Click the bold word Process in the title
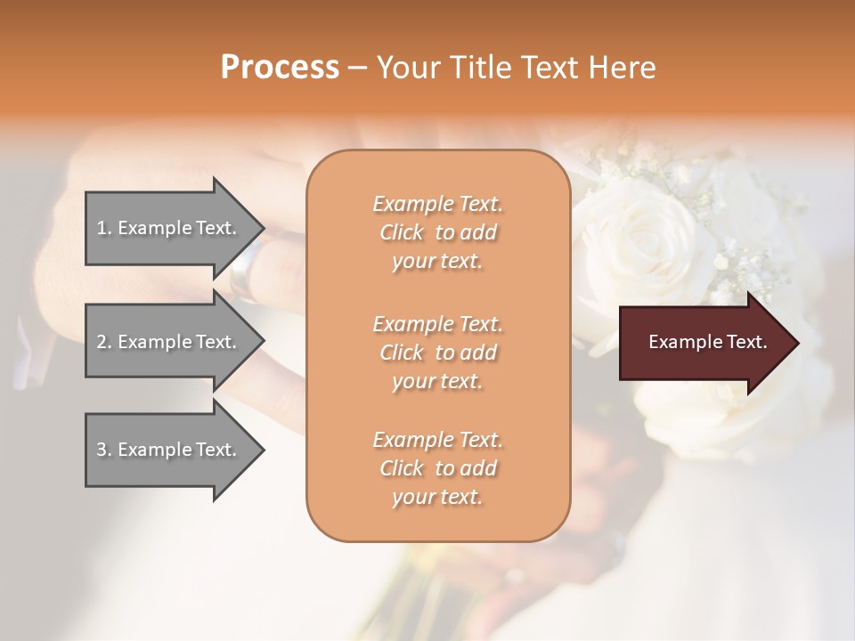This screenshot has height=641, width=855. (x=280, y=68)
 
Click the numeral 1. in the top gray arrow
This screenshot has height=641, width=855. (x=103, y=228)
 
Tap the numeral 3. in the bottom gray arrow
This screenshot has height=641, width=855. (x=103, y=450)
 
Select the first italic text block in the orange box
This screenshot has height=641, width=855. (x=437, y=232)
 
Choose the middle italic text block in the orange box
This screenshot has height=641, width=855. (x=437, y=353)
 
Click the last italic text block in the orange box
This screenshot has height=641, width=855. (x=437, y=468)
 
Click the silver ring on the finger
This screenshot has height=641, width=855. (x=244, y=267)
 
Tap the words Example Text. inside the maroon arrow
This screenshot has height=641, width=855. (x=707, y=342)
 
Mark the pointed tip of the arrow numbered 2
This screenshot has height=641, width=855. (x=262, y=342)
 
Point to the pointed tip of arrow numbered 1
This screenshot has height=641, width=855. (x=262, y=228)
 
